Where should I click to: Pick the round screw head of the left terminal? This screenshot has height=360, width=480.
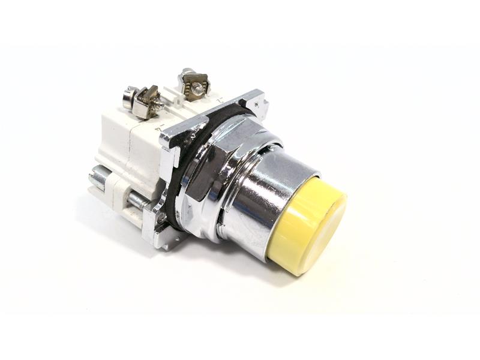click(127, 97)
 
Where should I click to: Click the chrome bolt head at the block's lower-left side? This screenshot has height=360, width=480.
click(97, 177)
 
